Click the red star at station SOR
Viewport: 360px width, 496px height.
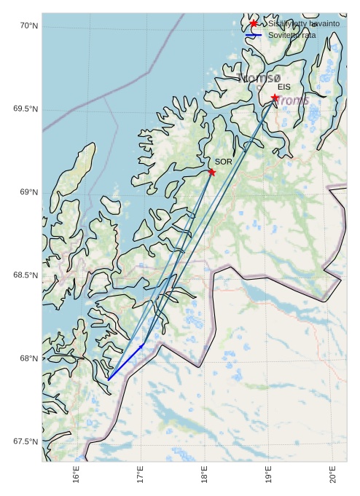click(211, 172)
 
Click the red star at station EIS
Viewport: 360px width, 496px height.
click(275, 98)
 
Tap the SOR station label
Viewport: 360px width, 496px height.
click(223, 162)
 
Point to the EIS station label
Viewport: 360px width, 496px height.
click(283, 87)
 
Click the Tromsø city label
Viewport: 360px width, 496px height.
click(259, 77)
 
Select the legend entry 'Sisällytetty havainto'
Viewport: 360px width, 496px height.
click(303, 24)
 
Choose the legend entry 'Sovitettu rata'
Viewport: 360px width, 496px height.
click(291, 35)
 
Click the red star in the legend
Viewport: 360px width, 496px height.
click(254, 24)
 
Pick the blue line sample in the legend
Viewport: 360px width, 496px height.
click(254, 35)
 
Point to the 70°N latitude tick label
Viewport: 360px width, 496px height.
click(28, 26)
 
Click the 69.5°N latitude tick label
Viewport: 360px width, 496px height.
click(25, 109)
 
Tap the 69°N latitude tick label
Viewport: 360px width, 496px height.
click(28, 192)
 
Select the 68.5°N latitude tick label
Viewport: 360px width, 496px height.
click(25, 275)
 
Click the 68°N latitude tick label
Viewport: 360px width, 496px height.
click(28, 358)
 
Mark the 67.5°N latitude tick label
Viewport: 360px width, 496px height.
click(25, 441)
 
